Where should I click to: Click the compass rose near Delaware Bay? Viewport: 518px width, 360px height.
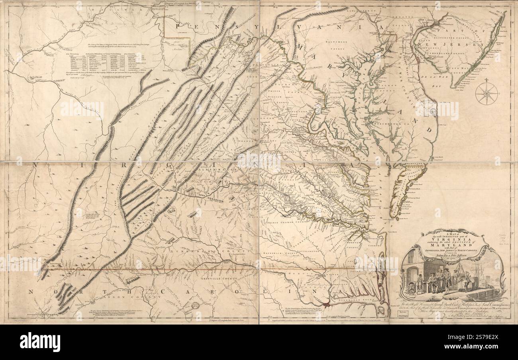pyautogui.click(x=487, y=93)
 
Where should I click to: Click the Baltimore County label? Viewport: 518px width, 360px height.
pyautogui.click(x=334, y=43)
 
